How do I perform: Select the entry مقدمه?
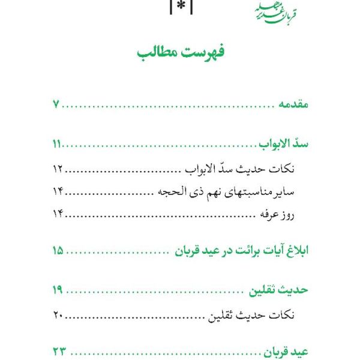pos(290,106)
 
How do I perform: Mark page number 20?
pos(58,314)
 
